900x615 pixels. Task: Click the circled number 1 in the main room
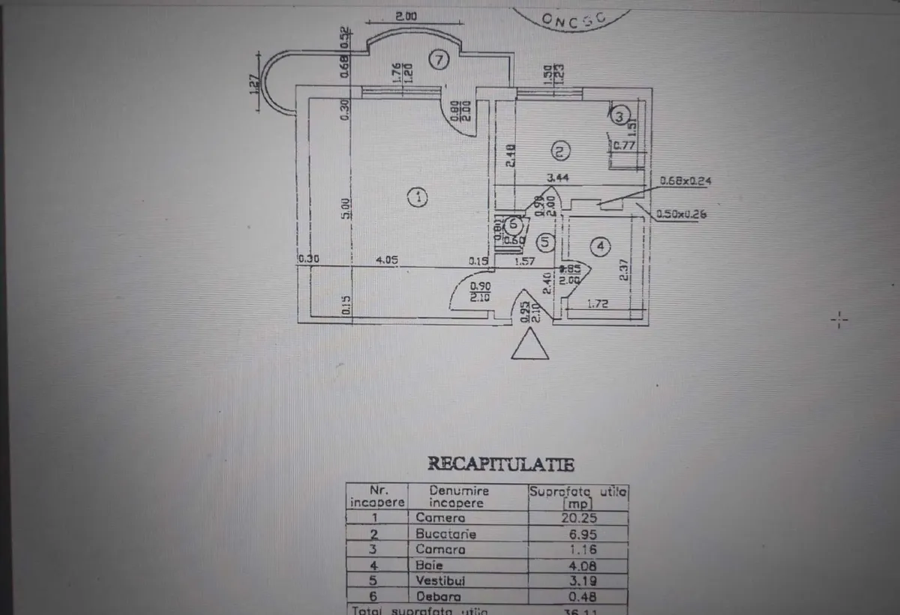point(417,197)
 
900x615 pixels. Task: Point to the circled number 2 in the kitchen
point(559,151)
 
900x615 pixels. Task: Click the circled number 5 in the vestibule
point(546,242)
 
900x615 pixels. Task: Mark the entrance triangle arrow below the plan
point(529,347)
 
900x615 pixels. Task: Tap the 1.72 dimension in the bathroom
point(597,304)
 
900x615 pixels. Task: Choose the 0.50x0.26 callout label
point(681,214)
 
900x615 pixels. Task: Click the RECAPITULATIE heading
point(501,464)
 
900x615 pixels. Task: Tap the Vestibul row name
point(442,580)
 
